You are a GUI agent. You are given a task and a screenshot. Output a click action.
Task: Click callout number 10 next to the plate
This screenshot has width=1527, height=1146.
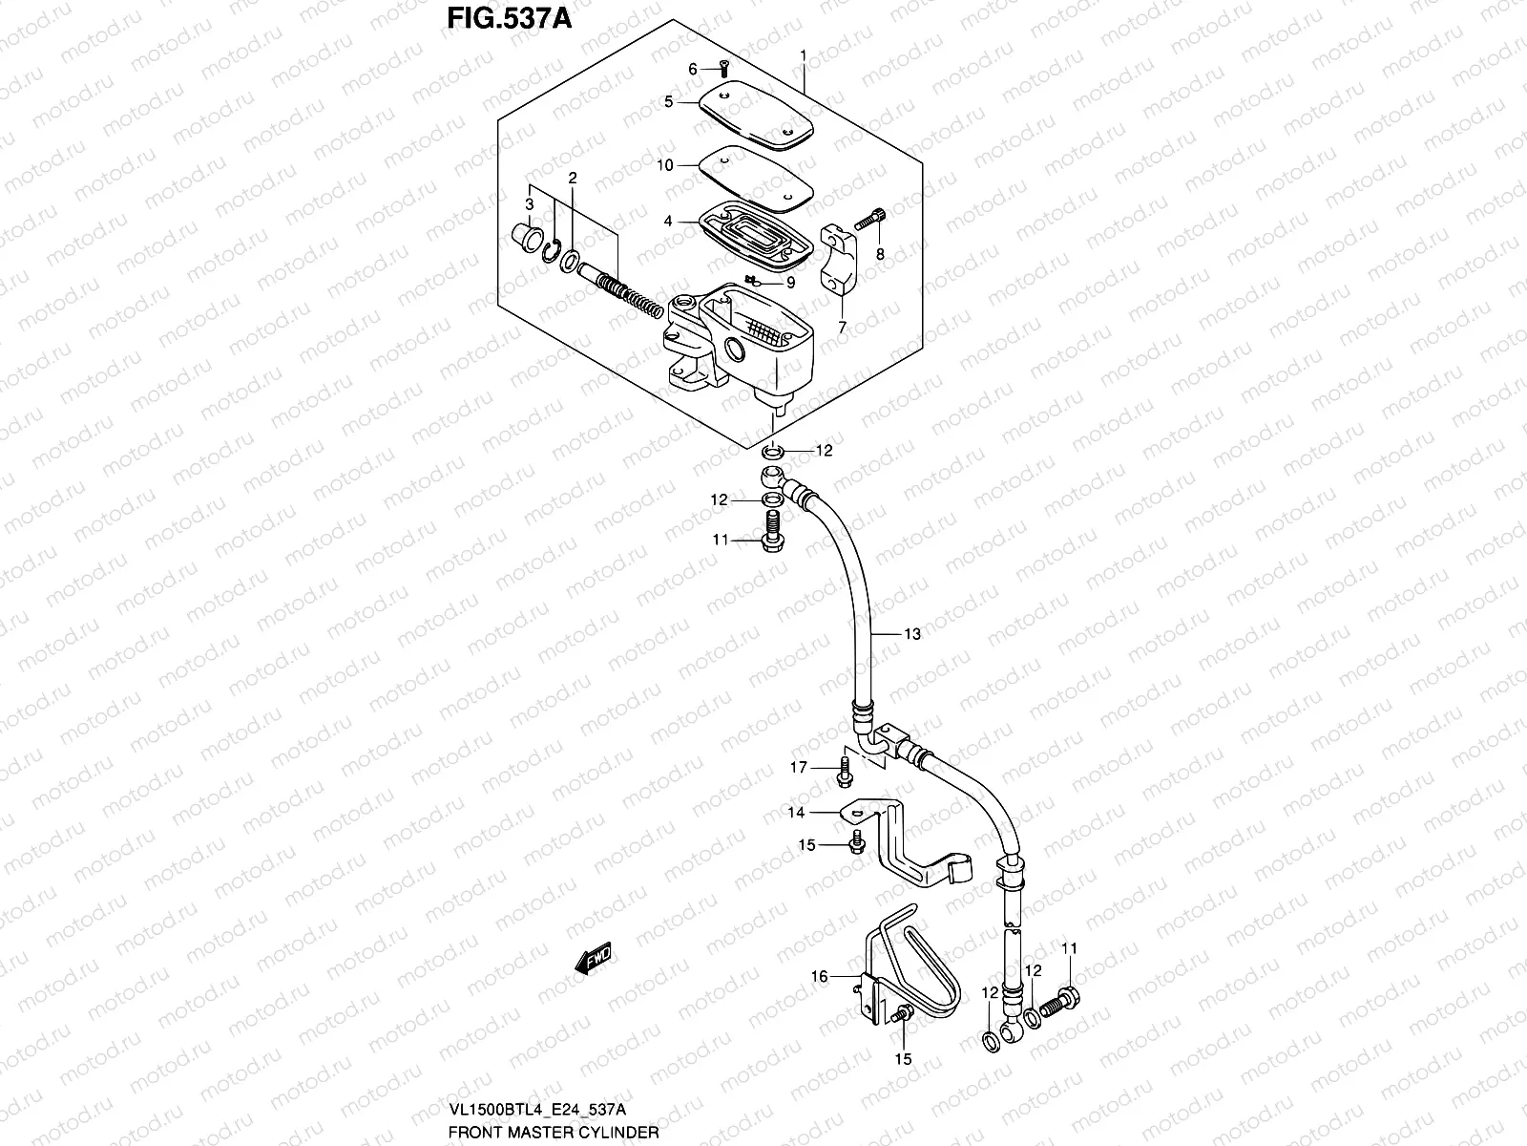691,165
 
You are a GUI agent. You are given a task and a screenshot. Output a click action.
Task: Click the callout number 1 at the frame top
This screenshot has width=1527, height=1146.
804,55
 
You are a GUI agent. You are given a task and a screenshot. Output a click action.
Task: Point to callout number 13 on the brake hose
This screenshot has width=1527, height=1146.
912,634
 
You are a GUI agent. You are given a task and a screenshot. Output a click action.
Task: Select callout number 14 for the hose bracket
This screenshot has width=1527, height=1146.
796,813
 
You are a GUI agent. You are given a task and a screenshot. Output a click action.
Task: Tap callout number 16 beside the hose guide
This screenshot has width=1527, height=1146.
819,976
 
